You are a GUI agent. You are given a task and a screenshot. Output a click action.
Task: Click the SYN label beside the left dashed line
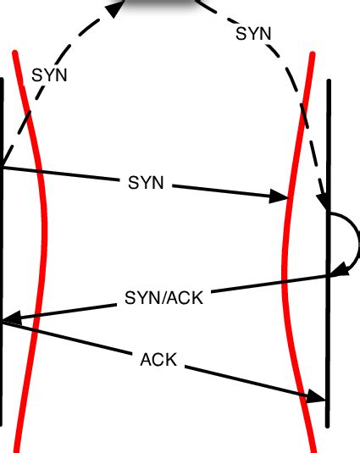tap(49, 75)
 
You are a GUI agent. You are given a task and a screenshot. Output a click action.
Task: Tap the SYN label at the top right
tap(253, 34)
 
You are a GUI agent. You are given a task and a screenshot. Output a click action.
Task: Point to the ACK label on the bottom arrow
tap(158, 359)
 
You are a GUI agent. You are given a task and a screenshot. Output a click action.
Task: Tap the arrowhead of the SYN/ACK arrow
tap(12, 320)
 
